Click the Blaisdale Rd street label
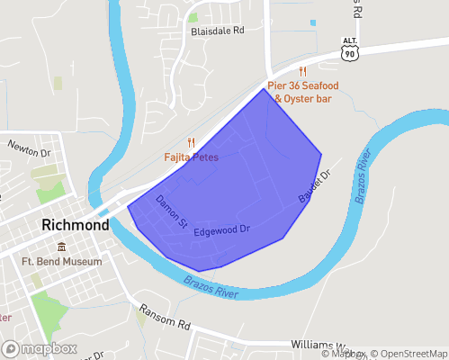(218, 30)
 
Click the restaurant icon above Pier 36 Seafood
(303, 71)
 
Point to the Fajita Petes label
(191, 157)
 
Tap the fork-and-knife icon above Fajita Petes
(191, 142)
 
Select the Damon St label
(171, 210)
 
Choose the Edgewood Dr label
(221, 230)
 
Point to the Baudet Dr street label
(315, 185)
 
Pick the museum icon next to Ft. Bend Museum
(61, 247)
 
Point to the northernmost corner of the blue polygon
(264, 88)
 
